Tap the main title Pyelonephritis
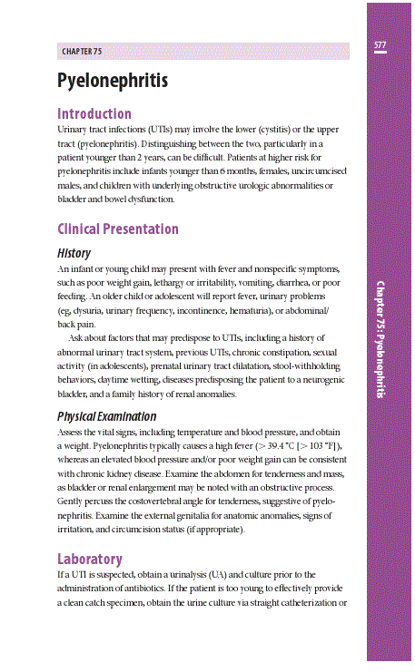coord(112,80)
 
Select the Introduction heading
coord(94,114)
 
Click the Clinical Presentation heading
coord(117,229)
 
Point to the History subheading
coord(74,252)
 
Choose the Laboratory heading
coord(89,558)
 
